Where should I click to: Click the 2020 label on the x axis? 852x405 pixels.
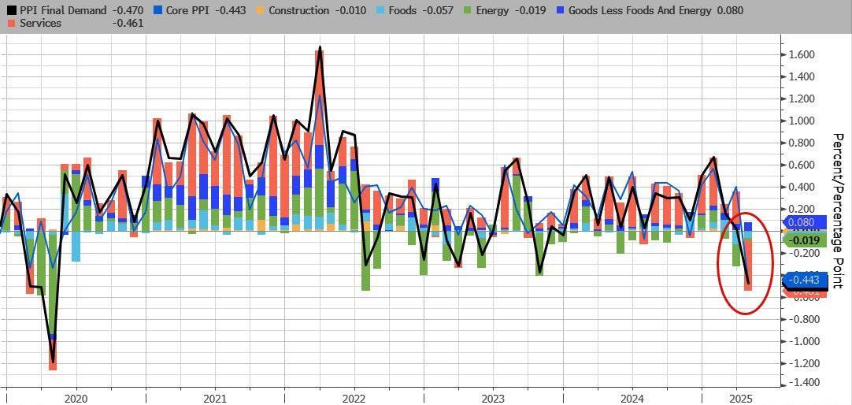76,398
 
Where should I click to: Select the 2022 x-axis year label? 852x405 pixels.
354,398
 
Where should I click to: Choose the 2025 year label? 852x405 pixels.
739,398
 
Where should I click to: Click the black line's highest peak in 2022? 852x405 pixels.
320,47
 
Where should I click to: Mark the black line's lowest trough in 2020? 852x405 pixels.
53,362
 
